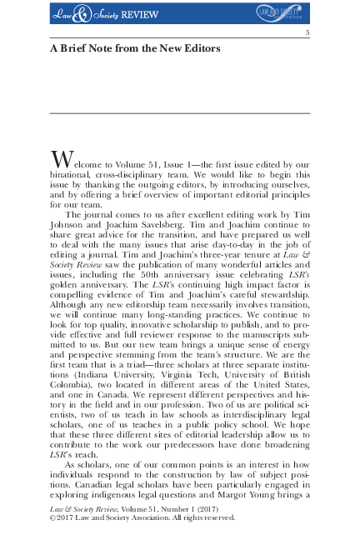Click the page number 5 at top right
click(x=307, y=32)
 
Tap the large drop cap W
click(x=61, y=159)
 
